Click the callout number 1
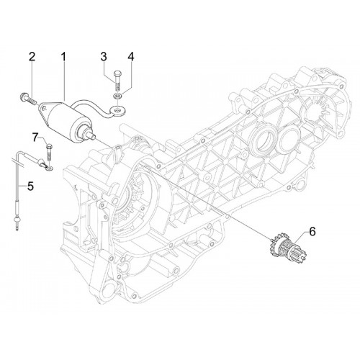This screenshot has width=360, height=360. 63,57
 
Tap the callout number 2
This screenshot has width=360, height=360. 32,57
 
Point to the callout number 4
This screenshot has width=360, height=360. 130,57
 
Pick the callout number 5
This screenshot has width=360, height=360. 30,186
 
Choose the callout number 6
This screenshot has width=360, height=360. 312,232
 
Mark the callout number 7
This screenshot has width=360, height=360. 35,138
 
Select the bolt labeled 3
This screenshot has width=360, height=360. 117,81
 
